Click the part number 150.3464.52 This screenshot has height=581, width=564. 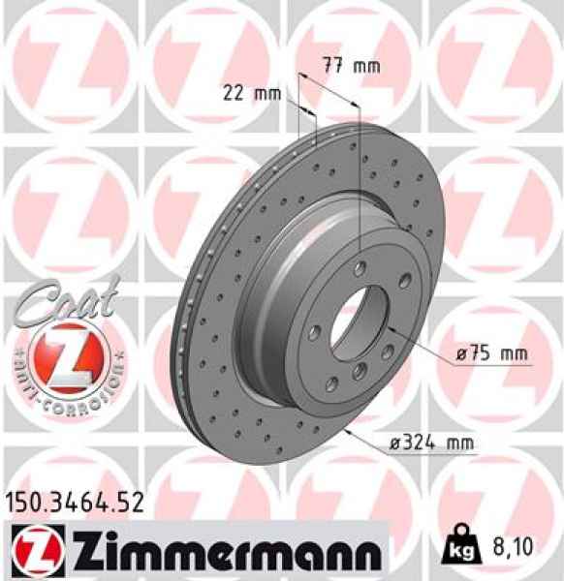pos(76,502)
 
